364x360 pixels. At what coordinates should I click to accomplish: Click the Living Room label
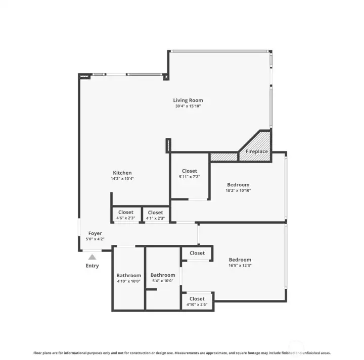point(188,100)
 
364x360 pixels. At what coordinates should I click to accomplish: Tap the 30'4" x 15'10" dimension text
point(188,107)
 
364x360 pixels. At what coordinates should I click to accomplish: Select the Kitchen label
point(122,173)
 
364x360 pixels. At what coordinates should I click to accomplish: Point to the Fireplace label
point(257,151)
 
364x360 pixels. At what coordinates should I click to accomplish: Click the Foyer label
point(95,233)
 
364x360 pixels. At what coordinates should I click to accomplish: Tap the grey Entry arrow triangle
point(92,257)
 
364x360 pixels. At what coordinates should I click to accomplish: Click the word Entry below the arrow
point(93,266)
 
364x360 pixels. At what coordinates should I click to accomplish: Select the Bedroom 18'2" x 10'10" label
point(238,185)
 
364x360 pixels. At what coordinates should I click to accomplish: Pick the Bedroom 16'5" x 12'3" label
point(240,260)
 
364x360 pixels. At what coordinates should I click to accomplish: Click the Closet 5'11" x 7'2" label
point(190,171)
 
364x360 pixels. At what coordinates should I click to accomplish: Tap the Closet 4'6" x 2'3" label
point(126,213)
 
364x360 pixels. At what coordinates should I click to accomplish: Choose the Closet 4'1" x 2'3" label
point(156,213)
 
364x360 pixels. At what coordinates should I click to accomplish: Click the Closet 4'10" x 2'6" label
point(197,299)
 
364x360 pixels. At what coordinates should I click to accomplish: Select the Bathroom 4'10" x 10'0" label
point(129,276)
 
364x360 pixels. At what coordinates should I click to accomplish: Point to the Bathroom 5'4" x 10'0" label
point(163,275)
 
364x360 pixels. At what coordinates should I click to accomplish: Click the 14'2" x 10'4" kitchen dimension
point(122,179)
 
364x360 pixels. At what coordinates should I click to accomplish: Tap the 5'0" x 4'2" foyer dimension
point(95,239)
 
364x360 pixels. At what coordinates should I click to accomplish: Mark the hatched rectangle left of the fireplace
point(224,157)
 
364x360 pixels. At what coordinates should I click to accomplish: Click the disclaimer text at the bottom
point(182,352)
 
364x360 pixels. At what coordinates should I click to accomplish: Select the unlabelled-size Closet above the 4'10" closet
point(197,253)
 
